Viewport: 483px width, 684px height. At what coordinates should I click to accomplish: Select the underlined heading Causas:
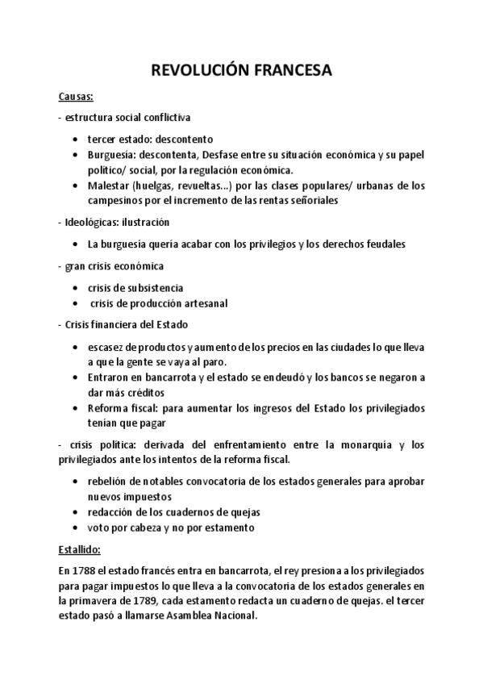pyautogui.click(x=77, y=98)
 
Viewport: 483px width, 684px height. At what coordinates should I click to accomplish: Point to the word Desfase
pyautogui.click(x=222, y=154)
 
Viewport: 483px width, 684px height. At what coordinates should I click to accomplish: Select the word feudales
pyautogui.click(x=381, y=243)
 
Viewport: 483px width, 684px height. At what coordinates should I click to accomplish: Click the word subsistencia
pyautogui.click(x=153, y=287)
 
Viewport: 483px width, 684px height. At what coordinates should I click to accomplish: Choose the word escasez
pyautogui.click(x=108, y=347)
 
